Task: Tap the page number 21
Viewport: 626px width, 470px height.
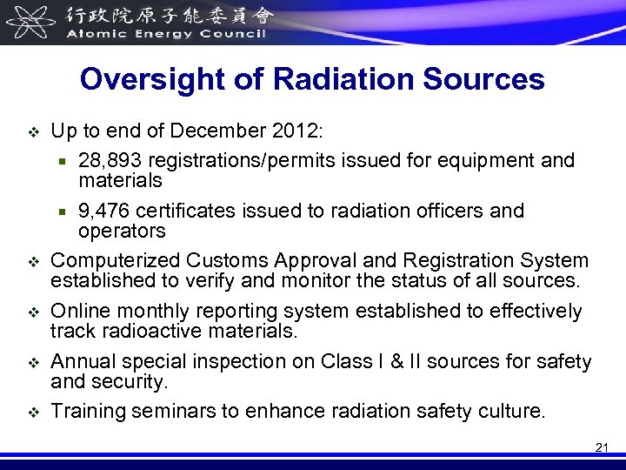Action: point(602,447)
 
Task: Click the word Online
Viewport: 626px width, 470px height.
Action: point(79,312)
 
